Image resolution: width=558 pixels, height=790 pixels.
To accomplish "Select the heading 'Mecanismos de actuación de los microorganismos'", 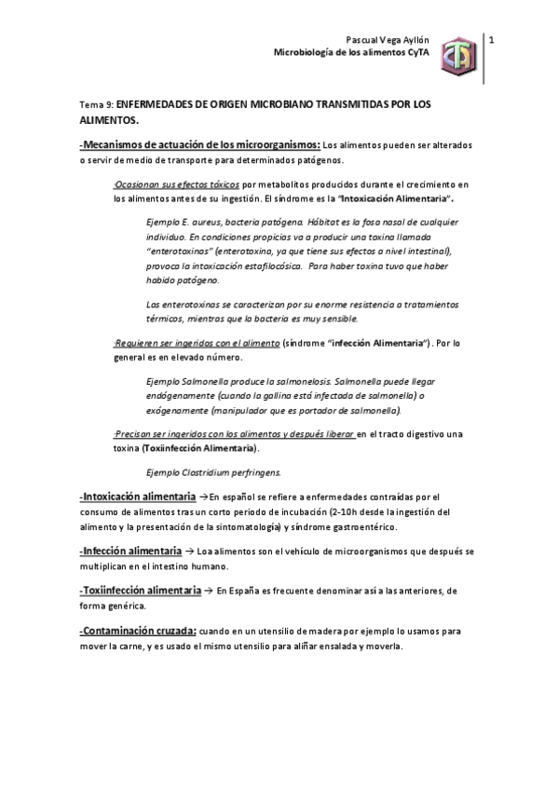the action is coord(201,145).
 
